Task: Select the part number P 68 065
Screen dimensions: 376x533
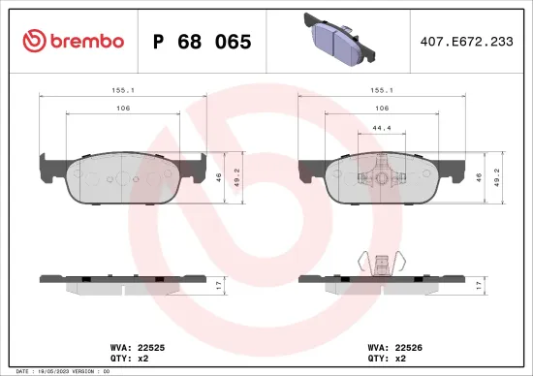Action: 203,42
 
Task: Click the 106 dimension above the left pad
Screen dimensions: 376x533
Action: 122,109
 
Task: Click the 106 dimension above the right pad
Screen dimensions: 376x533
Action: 382,109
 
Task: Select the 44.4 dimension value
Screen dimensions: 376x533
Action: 382,127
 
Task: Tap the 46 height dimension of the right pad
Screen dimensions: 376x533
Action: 480,177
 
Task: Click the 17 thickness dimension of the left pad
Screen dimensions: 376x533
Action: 220,284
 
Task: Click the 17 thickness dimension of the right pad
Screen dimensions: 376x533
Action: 480,284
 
